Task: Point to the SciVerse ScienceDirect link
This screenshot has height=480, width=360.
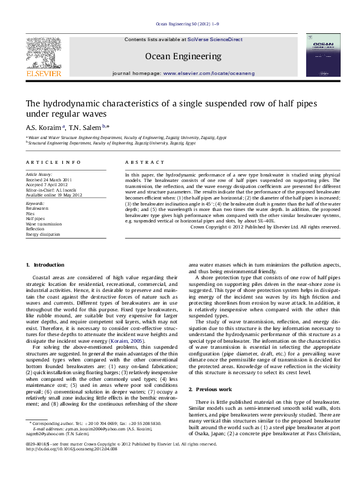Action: click(215, 39)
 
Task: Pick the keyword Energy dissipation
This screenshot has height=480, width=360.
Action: click(43, 233)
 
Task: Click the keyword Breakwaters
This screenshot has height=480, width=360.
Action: click(38, 209)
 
